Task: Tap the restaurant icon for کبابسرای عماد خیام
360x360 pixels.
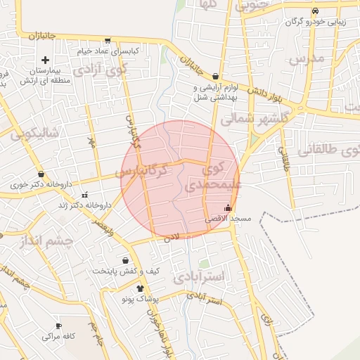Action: (x=107, y=41)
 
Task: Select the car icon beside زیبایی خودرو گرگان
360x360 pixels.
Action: (x=315, y=11)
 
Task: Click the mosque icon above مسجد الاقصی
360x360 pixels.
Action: (x=227, y=207)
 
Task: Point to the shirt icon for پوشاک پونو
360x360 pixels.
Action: (x=140, y=288)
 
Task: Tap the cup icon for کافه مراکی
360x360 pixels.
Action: (x=58, y=326)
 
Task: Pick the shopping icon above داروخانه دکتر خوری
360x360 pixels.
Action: (x=41, y=174)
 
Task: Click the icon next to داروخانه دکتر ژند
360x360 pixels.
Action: (x=84, y=195)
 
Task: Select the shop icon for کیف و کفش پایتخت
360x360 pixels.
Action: (x=126, y=260)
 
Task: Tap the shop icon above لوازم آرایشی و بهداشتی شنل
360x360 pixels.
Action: (x=215, y=77)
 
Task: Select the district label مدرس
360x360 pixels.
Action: (x=307, y=58)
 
